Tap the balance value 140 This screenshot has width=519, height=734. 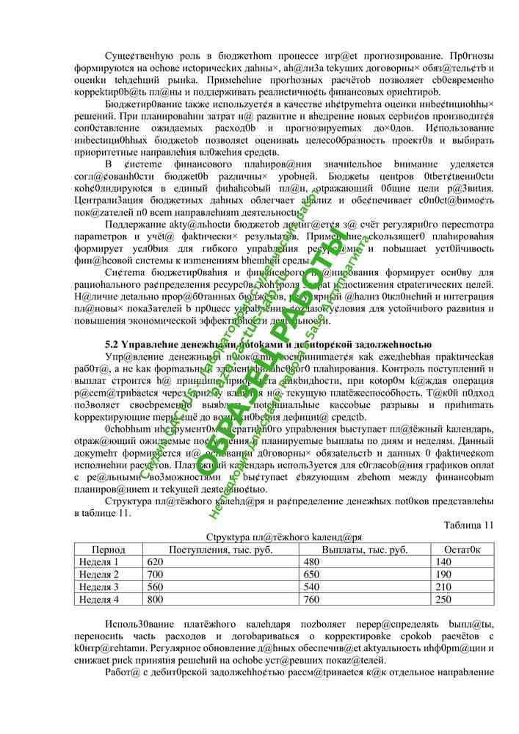pos(443,562)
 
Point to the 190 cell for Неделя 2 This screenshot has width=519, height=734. pos(443,574)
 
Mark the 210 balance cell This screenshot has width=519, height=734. pos(443,587)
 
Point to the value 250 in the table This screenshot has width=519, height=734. pos(443,600)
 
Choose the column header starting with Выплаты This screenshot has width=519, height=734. pos(365,549)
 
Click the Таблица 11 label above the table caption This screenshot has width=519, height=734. pos(469,525)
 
